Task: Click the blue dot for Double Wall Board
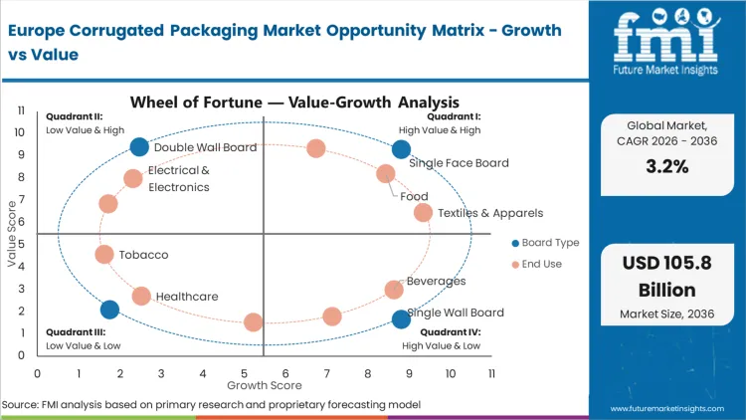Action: tap(140, 147)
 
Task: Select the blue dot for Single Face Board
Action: tap(401, 149)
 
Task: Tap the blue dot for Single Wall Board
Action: tap(401, 318)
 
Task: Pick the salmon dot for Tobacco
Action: tap(104, 255)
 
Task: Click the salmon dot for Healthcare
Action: tap(141, 297)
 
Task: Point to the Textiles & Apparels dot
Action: tap(423, 213)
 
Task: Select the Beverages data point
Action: tap(395, 290)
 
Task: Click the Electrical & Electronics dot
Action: tap(133, 179)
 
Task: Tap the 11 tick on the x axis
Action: tap(491, 373)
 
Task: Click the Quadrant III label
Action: tap(72, 332)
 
